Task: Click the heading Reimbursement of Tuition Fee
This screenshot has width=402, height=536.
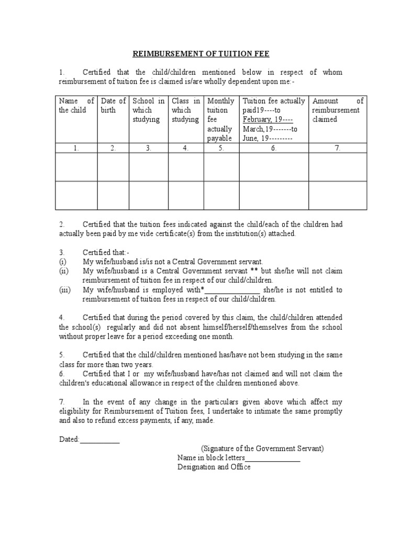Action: (200, 53)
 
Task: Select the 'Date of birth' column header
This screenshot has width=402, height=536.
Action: (113, 105)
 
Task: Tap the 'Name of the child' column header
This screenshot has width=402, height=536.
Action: (76, 105)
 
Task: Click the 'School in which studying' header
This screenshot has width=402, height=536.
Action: (149, 110)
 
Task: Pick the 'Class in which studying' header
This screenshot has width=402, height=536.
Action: (185, 110)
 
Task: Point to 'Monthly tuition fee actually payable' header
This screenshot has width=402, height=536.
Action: (221, 119)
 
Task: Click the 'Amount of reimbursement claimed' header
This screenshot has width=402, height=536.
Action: (337, 110)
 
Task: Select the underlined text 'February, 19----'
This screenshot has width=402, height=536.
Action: (267, 119)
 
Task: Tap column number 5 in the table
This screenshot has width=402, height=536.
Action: (221, 148)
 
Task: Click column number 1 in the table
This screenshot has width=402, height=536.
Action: (76, 148)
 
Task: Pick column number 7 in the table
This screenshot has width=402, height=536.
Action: (337, 148)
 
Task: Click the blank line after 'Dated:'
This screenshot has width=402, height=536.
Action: (99, 440)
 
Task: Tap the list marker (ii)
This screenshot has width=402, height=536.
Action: (63, 271)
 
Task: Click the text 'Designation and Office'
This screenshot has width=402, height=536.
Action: (214, 467)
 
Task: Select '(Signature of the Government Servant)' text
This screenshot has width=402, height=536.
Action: (262, 449)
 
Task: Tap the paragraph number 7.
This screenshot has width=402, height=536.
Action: (61, 401)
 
